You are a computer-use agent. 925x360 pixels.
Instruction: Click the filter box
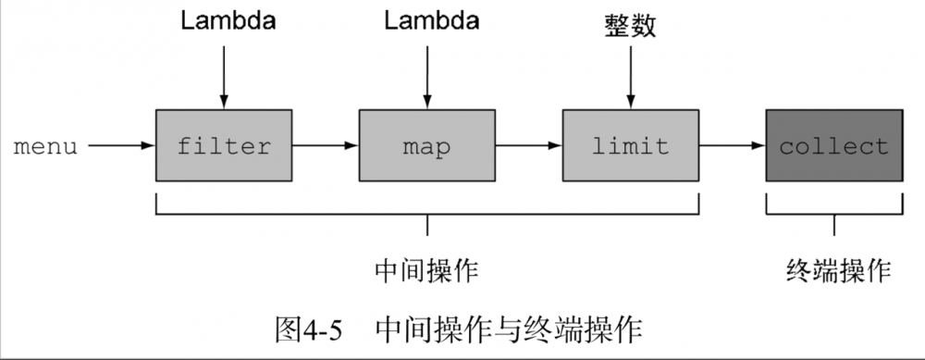(224, 146)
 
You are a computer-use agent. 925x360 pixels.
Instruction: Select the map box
(426, 146)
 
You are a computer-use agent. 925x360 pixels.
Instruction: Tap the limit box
(630, 146)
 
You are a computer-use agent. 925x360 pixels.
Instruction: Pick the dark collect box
(834, 146)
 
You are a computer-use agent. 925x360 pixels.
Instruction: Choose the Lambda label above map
(426, 20)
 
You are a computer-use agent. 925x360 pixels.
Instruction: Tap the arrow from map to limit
(528, 146)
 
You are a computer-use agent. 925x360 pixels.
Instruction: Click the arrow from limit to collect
(732, 146)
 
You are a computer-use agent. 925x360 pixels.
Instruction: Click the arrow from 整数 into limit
(630, 74)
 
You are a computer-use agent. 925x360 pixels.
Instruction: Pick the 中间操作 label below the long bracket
(426, 270)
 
